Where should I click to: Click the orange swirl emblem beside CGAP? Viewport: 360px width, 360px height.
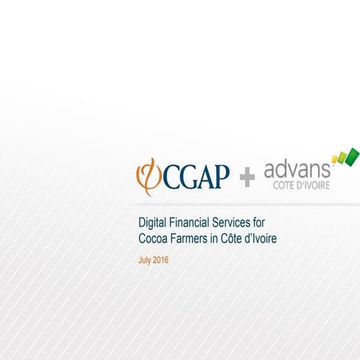point(145,175)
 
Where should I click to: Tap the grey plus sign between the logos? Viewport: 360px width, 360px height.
point(247,178)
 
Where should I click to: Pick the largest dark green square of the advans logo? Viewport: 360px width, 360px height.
point(351,154)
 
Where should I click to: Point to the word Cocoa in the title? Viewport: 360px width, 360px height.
point(154,238)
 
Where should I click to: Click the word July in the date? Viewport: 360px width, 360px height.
point(146,259)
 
